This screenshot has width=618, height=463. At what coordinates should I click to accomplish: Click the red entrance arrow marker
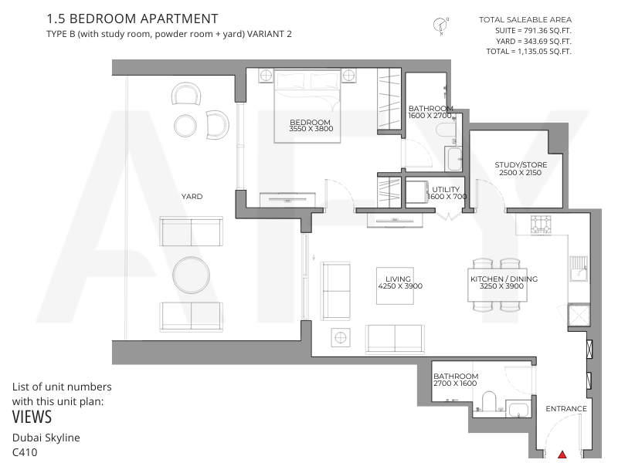pos(562,455)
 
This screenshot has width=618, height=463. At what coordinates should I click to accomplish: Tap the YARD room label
pos(192,196)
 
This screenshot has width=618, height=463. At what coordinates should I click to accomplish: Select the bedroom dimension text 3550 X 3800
pos(311,129)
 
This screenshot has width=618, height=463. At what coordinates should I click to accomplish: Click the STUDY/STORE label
pos(521,165)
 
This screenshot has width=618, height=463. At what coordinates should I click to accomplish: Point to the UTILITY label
pos(446,189)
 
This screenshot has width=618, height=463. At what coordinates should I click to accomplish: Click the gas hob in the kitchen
pos(540,225)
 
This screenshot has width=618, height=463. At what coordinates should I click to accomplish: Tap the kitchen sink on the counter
pos(579,269)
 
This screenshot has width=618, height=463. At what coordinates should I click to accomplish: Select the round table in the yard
pos(191,275)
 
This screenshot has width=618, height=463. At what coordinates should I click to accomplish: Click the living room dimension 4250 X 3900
pos(400,286)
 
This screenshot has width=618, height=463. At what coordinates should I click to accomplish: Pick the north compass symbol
pos(440,25)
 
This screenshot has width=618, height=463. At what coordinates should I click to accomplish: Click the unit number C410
pos(25,452)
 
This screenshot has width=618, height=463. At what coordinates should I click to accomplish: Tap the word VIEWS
pos(32,417)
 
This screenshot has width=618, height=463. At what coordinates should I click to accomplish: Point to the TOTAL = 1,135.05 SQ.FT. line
pos(528,51)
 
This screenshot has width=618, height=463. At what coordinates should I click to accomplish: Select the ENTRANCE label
pos(566,409)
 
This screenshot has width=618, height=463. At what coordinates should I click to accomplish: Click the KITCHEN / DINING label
pos(504,279)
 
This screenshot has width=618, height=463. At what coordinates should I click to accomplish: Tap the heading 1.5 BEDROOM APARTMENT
pos(132,19)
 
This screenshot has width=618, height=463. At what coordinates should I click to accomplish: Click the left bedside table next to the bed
pos(266,75)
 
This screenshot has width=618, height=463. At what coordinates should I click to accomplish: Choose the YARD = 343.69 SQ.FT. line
pos(534,41)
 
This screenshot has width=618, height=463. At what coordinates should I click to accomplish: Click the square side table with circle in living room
pos(341,337)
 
